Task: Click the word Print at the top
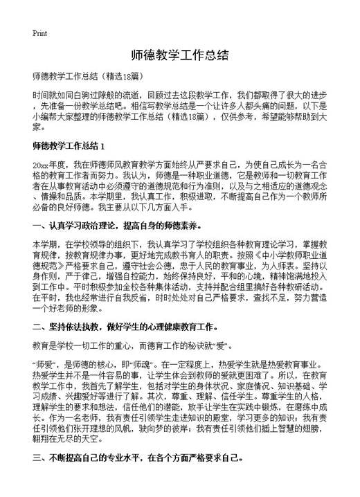tap(39, 33)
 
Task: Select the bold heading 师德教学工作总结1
tap(68, 146)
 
